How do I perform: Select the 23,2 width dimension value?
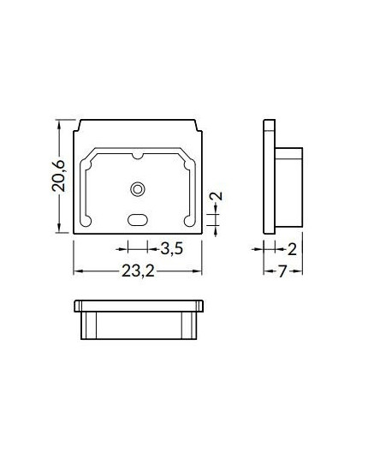click(x=138, y=271)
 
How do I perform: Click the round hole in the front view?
click(x=137, y=187)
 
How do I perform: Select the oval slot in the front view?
click(x=137, y=219)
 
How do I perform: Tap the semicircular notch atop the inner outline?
click(x=137, y=156)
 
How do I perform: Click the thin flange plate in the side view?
click(x=267, y=177)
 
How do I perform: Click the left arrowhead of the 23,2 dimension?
click(x=77, y=271)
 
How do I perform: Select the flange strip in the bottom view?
click(x=139, y=305)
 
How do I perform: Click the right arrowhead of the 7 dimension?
click(x=300, y=272)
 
